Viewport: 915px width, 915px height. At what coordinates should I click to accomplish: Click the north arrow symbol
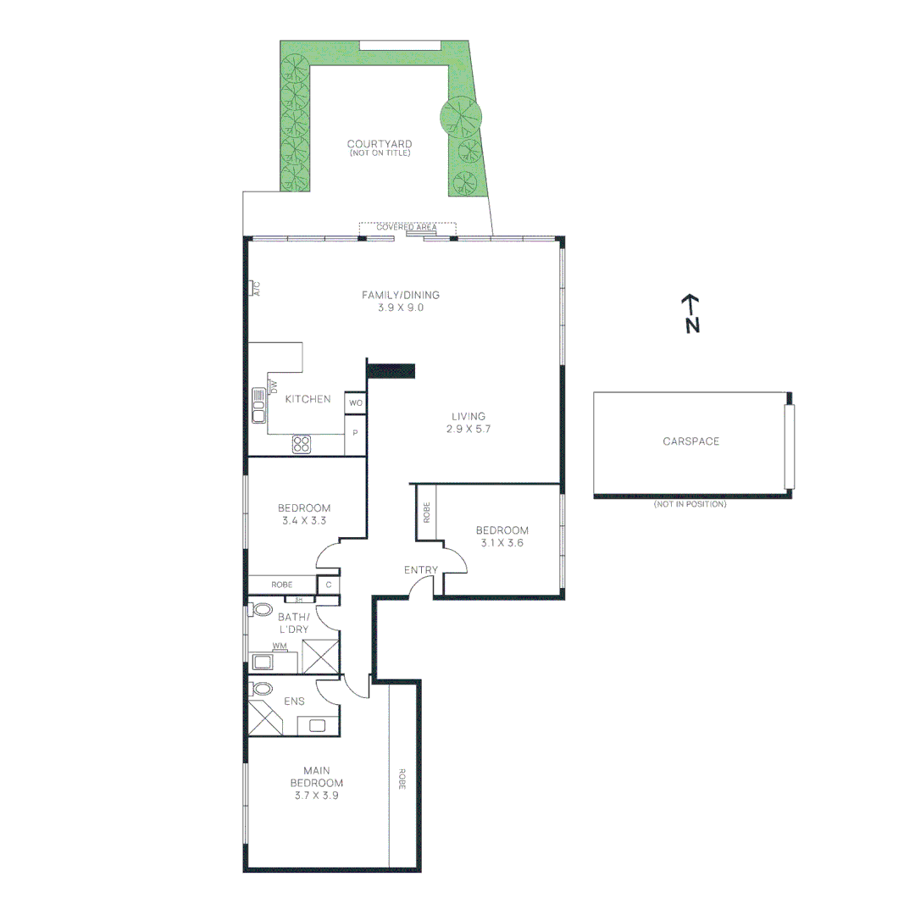pyautogui.click(x=691, y=313)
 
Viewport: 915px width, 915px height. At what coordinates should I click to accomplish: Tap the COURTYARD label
pyautogui.click(x=379, y=144)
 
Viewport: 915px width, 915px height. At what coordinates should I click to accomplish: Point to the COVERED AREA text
pyautogui.click(x=407, y=227)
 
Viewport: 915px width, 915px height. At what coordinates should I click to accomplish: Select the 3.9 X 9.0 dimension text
pyautogui.click(x=400, y=308)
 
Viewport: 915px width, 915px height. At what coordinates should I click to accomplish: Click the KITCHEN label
pyautogui.click(x=308, y=399)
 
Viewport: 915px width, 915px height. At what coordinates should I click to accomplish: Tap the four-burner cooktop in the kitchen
pyautogui.click(x=302, y=443)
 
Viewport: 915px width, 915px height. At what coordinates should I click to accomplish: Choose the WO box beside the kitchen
pyautogui.click(x=355, y=403)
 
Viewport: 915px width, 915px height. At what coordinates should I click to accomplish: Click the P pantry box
pyautogui.click(x=355, y=433)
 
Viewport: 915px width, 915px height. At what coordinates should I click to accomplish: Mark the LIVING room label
pyautogui.click(x=468, y=416)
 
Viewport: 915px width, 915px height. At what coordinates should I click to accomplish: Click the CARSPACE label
pyautogui.click(x=690, y=441)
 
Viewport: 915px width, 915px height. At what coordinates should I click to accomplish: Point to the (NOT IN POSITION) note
pyautogui.click(x=690, y=504)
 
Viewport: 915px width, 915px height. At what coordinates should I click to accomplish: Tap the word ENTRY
pyautogui.click(x=420, y=570)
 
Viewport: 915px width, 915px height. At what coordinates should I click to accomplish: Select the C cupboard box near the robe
pyautogui.click(x=327, y=585)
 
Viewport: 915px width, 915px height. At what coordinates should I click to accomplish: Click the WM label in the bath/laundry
pyautogui.click(x=279, y=646)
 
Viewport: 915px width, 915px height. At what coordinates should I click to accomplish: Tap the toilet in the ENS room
pyautogui.click(x=263, y=689)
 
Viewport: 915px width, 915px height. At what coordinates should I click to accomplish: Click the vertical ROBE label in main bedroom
pyautogui.click(x=402, y=779)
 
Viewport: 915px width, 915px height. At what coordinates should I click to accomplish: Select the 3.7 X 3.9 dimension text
pyautogui.click(x=316, y=796)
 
